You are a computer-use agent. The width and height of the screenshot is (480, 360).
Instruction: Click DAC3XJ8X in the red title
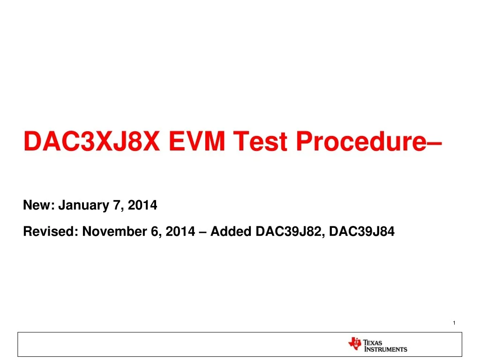[92, 141]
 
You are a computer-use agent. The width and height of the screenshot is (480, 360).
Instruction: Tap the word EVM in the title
[197, 141]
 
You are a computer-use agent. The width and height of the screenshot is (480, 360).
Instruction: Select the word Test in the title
[260, 141]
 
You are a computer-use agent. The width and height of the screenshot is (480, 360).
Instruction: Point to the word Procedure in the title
[361, 141]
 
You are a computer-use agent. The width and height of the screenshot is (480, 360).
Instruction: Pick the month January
[83, 205]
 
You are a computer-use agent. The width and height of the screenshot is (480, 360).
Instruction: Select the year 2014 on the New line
[142, 205]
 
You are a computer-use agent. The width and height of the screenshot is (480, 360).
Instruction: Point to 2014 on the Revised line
[180, 232]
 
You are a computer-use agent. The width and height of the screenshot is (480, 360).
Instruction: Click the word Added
[231, 232]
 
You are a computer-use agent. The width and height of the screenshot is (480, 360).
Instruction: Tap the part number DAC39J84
[362, 232]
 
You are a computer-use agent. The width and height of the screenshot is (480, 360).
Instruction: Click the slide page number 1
[454, 322]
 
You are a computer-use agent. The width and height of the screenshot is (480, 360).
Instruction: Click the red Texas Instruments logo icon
[355, 344]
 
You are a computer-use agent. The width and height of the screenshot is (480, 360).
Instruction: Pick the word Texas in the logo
[373, 343]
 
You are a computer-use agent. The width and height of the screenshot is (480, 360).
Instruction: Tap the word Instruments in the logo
[386, 349]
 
